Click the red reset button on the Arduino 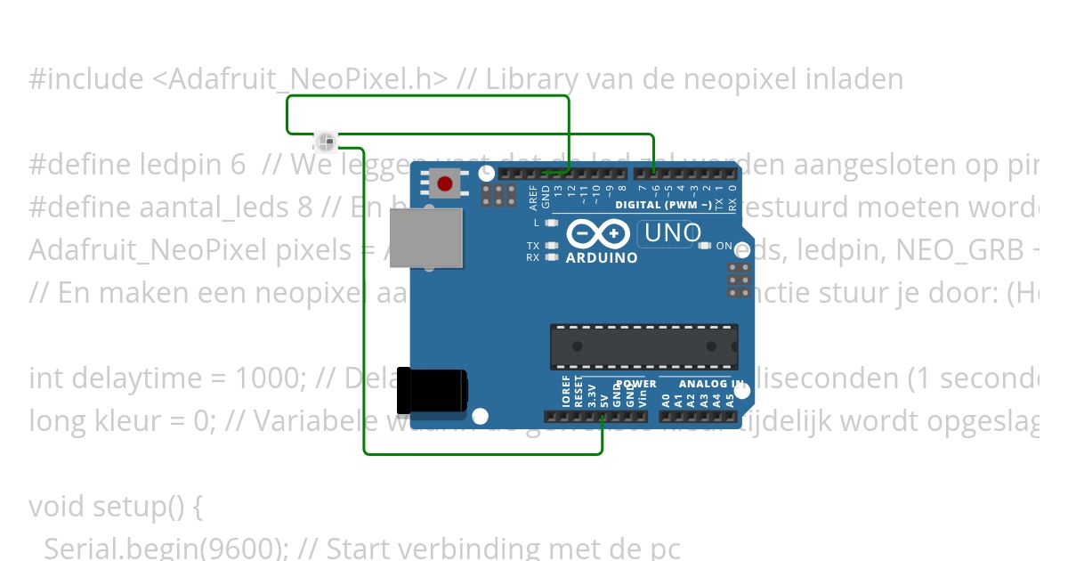click(443, 184)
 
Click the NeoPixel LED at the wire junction click(326, 142)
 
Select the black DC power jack click(432, 390)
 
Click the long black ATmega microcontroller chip click(643, 346)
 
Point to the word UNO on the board click(674, 233)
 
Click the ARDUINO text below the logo click(603, 258)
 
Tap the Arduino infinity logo click(601, 233)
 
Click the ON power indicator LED click(706, 246)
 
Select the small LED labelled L click(552, 223)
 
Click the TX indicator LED click(552, 246)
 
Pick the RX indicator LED click(552, 257)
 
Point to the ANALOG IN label click(711, 384)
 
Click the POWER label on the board click(636, 384)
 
